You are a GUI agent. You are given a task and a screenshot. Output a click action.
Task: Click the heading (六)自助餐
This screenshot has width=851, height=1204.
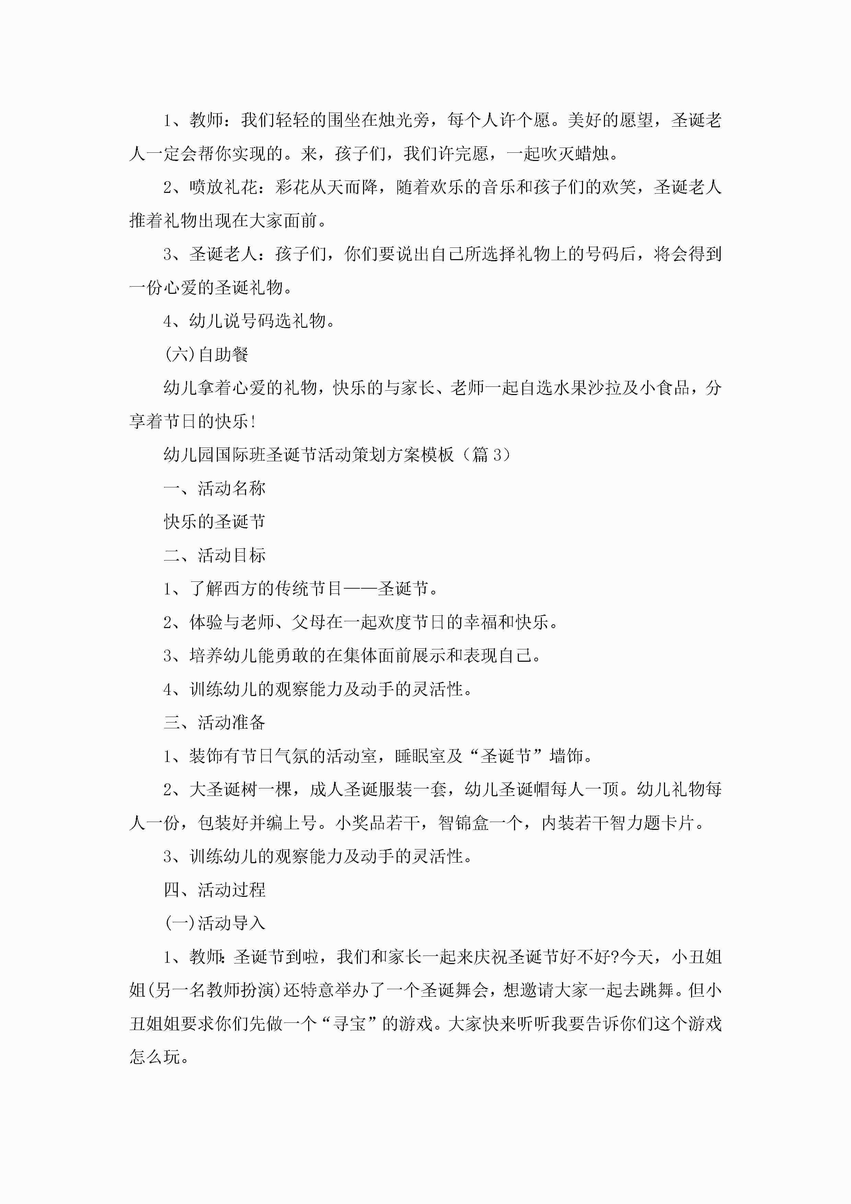(x=206, y=355)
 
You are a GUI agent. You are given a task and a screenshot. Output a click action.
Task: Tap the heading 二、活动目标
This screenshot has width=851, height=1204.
(x=214, y=555)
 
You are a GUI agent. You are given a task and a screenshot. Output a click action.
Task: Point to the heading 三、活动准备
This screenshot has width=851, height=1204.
(x=214, y=722)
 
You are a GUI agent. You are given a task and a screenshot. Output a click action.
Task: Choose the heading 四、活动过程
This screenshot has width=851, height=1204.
(x=214, y=890)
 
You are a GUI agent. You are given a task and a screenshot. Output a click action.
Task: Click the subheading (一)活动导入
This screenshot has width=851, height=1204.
(x=214, y=924)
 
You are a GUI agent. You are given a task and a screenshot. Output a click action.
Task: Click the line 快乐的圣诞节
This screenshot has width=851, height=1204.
(x=214, y=522)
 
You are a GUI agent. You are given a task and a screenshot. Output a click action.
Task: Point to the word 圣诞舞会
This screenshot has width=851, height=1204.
(x=455, y=990)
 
